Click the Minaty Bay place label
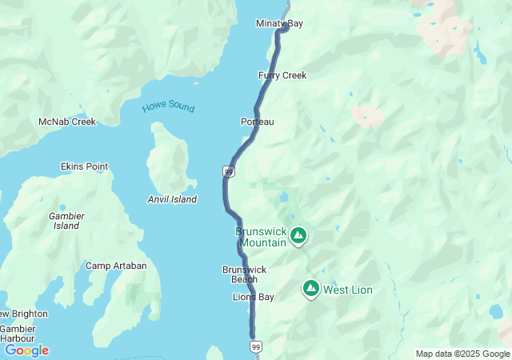[279, 24]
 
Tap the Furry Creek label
[282, 75]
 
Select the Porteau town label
[257, 122]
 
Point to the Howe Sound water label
[168, 106]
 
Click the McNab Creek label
[67, 122]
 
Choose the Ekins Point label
[84, 166]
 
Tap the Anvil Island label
[172, 199]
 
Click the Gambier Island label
[66, 221]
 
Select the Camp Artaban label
[116, 266]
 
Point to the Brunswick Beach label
[239, 274]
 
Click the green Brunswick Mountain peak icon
[298, 235]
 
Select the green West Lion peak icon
[310, 289]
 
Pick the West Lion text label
[347, 290]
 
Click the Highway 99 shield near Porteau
[230, 171]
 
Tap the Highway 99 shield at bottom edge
[255, 346]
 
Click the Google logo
[26, 350]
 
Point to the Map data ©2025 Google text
[462, 354]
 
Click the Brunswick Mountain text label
[261, 237]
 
